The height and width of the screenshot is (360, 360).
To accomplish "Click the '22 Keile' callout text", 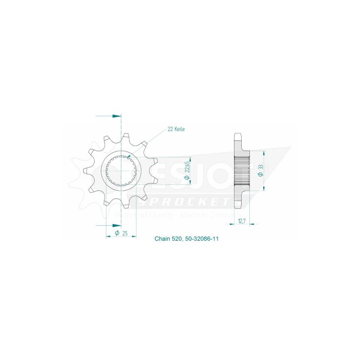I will (x=175, y=129).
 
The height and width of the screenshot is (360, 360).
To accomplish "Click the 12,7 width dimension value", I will (x=242, y=221).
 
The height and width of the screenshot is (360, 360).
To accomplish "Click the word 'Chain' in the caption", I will (x=161, y=239).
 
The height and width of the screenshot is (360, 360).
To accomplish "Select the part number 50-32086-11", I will (x=203, y=239).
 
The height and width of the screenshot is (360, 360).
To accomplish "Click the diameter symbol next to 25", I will (x=117, y=233).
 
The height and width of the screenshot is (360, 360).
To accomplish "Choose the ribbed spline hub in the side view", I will (x=241, y=171).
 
